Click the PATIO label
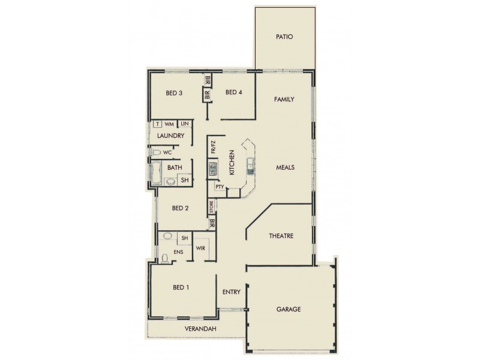(284, 37)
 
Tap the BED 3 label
(174, 93)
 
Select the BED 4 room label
(233, 92)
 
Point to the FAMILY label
(284, 99)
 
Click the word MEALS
(284, 167)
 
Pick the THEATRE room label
(280, 236)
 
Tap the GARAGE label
(289, 310)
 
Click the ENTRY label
(231, 293)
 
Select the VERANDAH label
(200, 330)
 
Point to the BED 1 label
(181, 287)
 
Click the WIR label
(200, 248)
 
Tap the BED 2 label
(181, 208)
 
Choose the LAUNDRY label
(170, 136)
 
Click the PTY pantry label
(220, 187)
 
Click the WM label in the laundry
(169, 124)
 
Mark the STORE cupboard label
(211, 207)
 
